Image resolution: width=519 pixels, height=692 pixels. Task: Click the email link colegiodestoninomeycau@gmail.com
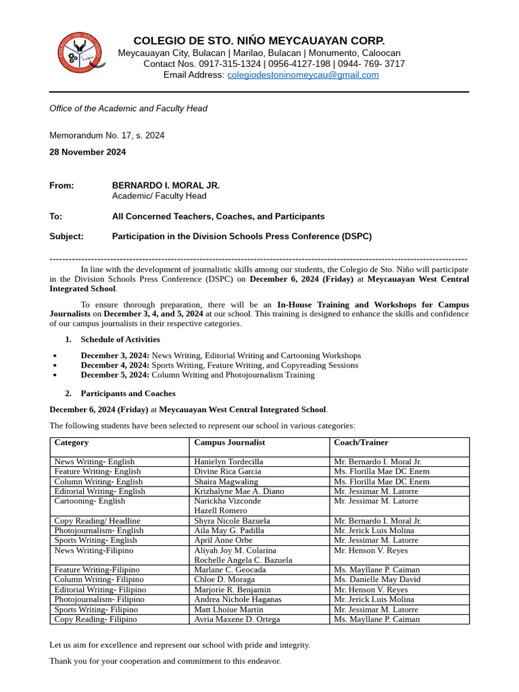tap(303, 75)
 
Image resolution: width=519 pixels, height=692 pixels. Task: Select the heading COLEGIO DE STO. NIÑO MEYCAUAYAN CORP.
tap(259, 41)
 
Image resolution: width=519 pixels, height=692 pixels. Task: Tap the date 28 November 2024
tap(87, 152)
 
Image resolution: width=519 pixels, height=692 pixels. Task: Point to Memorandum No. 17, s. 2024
tap(107, 135)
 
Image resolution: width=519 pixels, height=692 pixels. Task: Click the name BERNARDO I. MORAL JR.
tap(166, 185)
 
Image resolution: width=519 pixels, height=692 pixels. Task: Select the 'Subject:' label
tap(66, 237)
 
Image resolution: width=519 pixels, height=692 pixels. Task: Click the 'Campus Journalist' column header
tap(229, 443)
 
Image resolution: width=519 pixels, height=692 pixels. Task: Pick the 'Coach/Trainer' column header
tap(361, 443)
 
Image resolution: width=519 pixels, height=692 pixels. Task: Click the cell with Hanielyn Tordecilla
tap(228, 462)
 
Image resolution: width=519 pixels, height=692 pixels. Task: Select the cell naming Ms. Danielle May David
tap(376, 580)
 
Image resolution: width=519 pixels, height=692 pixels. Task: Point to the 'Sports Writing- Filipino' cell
tap(96, 610)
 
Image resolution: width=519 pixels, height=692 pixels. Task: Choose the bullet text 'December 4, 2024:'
tap(115, 365)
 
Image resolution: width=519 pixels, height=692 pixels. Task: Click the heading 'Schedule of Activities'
tap(120, 339)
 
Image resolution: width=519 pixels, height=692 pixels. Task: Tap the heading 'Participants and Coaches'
tap(128, 393)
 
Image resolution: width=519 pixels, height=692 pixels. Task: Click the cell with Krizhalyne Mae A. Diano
tap(239, 491)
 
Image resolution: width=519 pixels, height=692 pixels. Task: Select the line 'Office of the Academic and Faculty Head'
tap(128, 108)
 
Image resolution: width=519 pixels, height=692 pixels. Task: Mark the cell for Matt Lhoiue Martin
tap(228, 610)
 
